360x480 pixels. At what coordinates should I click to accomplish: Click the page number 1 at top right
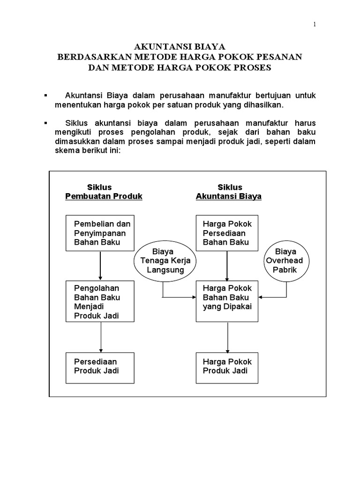pos(315,25)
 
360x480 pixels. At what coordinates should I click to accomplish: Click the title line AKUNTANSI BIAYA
pos(180,47)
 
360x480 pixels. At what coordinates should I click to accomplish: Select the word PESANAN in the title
pos(280,57)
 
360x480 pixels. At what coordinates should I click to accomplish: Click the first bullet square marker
pos(45,96)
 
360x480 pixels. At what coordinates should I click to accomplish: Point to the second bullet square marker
pos(45,122)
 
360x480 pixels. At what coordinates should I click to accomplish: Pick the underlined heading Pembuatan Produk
pos(104,196)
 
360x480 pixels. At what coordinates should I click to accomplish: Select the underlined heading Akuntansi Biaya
pos(229,196)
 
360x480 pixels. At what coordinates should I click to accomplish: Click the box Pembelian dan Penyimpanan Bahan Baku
pos(100,233)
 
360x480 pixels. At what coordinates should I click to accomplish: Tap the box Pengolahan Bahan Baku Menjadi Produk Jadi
pos(100,301)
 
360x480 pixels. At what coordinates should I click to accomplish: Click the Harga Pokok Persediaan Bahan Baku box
pos(227,233)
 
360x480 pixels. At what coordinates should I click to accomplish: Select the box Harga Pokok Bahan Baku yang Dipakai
pos(227,301)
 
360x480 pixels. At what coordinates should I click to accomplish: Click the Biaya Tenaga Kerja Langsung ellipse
pos(166,261)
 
